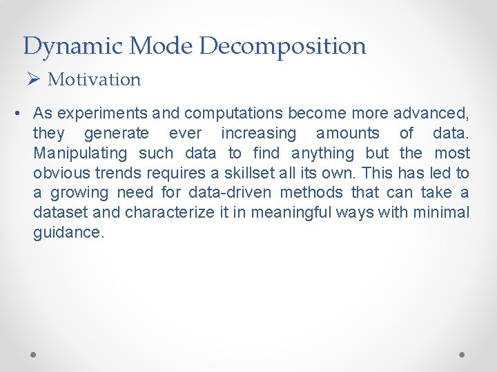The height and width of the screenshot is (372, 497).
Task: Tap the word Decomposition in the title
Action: pyautogui.click(x=283, y=47)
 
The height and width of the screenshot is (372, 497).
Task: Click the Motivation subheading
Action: pyautogui.click(x=95, y=79)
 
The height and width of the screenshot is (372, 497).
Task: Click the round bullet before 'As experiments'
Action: pyautogui.click(x=22, y=113)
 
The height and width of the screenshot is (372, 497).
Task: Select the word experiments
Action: pyautogui.click(x=103, y=113)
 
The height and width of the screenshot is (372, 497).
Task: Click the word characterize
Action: pyautogui.click(x=170, y=213)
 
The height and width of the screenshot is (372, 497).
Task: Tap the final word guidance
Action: pyautogui.click(x=68, y=233)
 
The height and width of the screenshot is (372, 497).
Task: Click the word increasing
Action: pyautogui.click(x=258, y=133)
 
